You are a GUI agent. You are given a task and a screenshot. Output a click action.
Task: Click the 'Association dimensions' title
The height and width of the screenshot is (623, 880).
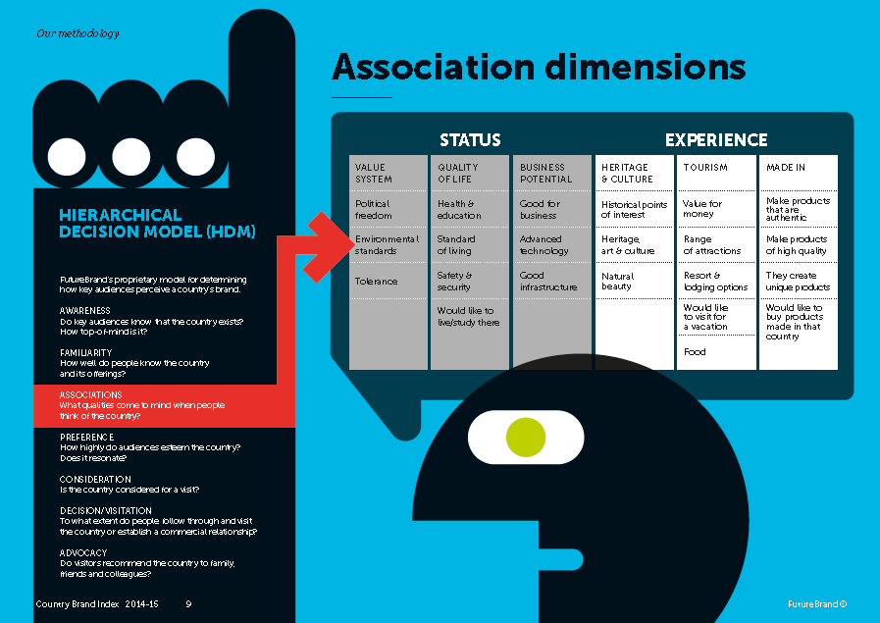(539, 67)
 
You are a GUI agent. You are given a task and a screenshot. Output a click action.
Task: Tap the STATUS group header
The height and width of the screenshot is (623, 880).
(470, 140)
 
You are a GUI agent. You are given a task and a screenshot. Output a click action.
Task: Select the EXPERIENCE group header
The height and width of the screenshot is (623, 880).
(716, 140)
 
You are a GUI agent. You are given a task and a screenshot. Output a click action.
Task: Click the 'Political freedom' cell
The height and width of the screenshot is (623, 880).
(374, 209)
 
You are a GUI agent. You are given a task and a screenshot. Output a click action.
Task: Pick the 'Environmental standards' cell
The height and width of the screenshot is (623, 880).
(387, 244)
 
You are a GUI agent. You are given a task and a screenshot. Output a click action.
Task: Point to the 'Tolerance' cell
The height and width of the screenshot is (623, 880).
(377, 282)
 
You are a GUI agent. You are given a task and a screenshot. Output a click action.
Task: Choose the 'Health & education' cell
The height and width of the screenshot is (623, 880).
(459, 209)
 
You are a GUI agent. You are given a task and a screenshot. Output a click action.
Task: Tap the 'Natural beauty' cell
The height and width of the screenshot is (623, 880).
(618, 282)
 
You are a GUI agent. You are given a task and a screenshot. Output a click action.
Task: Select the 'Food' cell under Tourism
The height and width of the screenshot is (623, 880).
(695, 352)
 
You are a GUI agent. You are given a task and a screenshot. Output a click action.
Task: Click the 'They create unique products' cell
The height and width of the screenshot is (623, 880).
(798, 282)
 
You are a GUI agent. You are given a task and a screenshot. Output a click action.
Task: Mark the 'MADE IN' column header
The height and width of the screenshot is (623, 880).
(786, 168)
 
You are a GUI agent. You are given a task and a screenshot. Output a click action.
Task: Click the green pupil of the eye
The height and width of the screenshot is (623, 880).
(525, 438)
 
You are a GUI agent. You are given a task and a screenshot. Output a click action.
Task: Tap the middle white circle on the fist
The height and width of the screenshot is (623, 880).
(130, 155)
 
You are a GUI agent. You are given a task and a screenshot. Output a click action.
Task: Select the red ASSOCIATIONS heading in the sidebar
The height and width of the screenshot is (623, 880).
(91, 394)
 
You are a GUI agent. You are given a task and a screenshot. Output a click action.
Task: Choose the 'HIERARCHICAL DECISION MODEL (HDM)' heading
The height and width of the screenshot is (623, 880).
(157, 223)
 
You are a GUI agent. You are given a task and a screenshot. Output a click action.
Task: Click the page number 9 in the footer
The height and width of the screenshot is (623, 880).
(188, 604)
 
